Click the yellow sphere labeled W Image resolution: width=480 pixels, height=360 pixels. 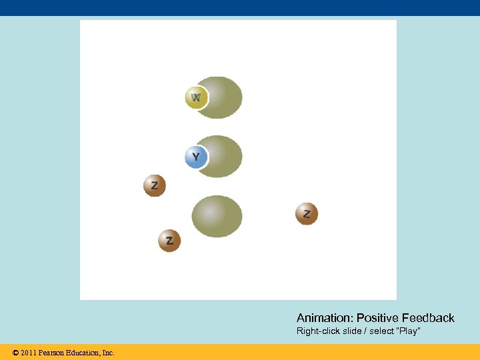[x=196, y=98]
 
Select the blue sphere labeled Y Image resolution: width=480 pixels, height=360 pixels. [x=195, y=157]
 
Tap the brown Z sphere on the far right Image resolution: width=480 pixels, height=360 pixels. [x=307, y=214]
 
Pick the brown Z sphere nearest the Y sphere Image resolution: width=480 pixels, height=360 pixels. [x=155, y=185]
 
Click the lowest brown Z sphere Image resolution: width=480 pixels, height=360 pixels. [x=169, y=241]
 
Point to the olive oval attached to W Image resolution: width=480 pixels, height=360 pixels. [x=223, y=97]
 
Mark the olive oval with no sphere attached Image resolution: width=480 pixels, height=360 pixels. [x=217, y=217]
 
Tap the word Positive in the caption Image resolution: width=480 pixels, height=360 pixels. [x=378, y=318]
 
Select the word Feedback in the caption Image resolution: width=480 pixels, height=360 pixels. [x=429, y=318]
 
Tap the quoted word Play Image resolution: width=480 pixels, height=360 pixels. [x=408, y=331]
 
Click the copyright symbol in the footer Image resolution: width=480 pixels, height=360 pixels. [x=15, y=352]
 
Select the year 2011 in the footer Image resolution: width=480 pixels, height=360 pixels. [x=29, y=352]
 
